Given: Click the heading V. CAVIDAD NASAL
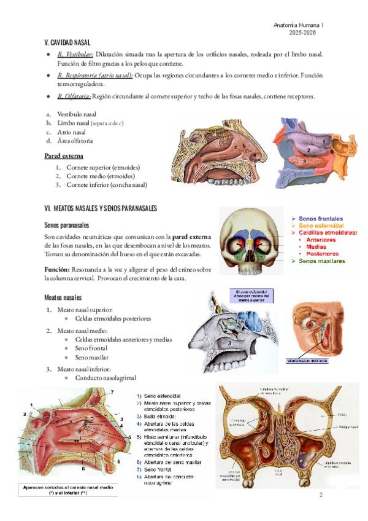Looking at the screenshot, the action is tap(67, 42).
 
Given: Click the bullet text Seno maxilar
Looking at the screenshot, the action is tap(92, 357).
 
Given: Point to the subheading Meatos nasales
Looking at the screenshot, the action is tap(64, 297).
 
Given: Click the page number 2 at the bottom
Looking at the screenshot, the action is tap(321, 495).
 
